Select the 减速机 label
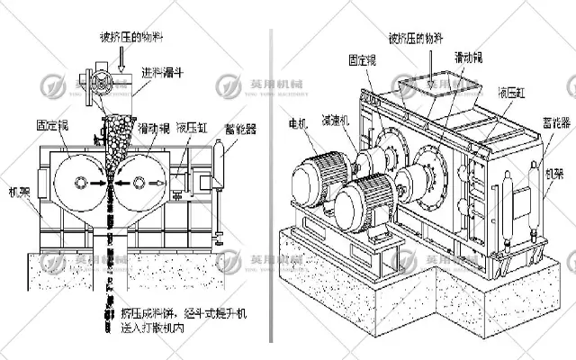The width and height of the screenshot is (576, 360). click(335, 123)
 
